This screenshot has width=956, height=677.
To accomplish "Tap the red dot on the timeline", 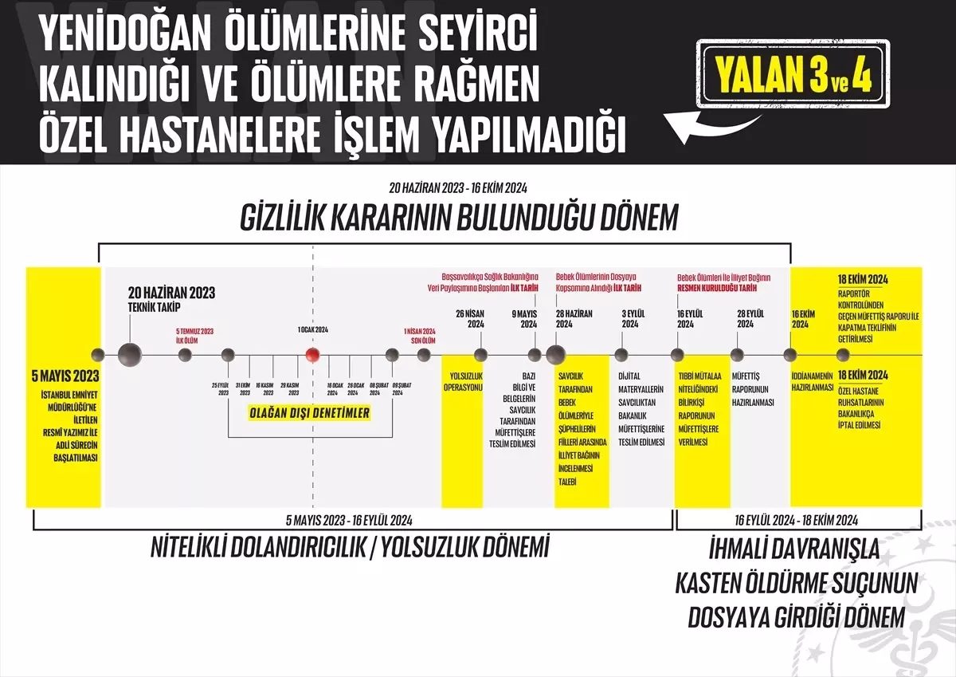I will point(313,355).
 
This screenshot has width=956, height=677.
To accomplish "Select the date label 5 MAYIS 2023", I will point(64,376).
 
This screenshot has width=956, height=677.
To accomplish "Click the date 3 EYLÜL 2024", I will point(629,318).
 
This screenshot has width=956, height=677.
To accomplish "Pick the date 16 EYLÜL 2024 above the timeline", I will point(684,318).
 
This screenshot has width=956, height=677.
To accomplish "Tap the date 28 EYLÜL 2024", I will point(745,318).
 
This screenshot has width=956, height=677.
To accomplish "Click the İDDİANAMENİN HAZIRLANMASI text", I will point(811,380).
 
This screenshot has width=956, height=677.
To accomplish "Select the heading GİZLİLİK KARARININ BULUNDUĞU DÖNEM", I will point(459,218).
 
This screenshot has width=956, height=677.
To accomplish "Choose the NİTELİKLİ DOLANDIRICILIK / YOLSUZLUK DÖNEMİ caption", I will point(351,548).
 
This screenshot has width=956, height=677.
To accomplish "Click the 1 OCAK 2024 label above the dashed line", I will point(313,329).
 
